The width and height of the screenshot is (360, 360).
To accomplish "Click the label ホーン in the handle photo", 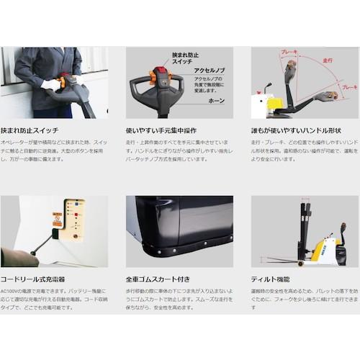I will [217, 102].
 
